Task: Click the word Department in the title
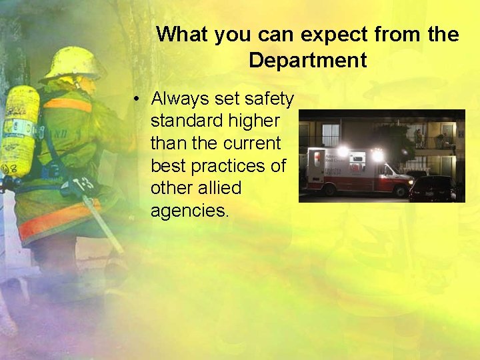pyautogui.click(x=307, y=61)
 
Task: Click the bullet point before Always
pyautogui.click(x=135, y=99)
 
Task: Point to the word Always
pyautogui.click(x=181, y=99)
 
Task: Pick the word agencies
pyautogui.click(x=189, y=211)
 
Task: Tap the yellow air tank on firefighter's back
pyautogui.click(x=19, y=130)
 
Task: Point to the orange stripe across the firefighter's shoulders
pyautogui.click(x=67, y=104)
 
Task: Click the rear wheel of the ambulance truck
pyautogui.click(x=329, y=190)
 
